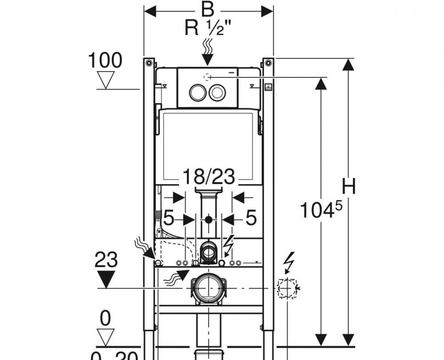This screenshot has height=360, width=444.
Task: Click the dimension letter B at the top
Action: (207, 9)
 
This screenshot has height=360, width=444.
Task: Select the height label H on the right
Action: (349, 187)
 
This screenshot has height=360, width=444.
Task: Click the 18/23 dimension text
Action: (208, 177)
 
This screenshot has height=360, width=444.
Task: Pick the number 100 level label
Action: (105, 60)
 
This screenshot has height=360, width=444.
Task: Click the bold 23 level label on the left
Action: (106, 260)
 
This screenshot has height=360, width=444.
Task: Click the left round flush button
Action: (197, 93)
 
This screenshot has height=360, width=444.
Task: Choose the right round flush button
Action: (217, 93)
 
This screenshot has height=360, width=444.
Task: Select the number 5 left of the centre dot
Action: (169, 219)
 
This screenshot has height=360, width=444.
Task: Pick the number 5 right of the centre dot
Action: (251, 219)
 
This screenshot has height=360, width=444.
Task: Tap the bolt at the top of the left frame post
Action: (149, 62)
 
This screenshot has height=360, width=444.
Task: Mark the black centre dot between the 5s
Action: (208, 219)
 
